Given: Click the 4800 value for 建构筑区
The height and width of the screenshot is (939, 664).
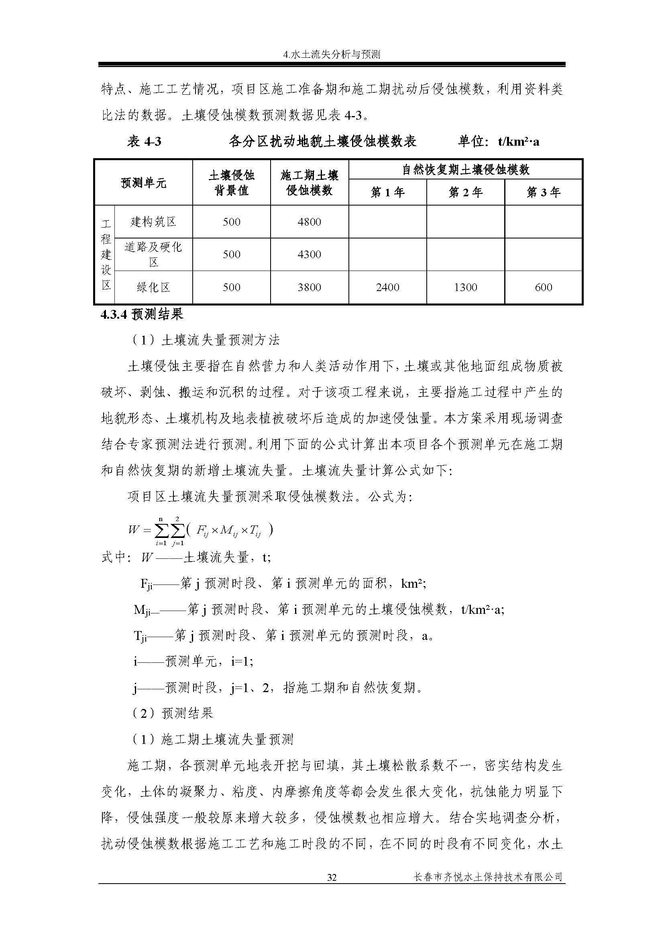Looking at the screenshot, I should tap(309, 222).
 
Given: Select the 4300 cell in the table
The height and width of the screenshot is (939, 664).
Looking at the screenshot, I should tap(309, 255).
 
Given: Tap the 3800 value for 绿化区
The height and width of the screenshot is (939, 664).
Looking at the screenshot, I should tap(309, 287).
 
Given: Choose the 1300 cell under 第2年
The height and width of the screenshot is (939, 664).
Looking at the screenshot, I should tap(465, 287).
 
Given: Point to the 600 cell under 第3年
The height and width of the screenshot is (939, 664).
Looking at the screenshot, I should tap(544, 287).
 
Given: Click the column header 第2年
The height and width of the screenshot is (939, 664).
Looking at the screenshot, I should tap(465, 192).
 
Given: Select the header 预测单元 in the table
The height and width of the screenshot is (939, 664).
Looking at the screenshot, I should tap(143, 183).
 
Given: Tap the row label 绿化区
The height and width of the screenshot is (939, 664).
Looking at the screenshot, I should tap(153, 287).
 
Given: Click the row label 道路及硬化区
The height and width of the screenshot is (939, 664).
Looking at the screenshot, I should tap(153, 255).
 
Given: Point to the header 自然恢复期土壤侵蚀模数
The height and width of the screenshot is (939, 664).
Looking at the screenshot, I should tap(465, 169).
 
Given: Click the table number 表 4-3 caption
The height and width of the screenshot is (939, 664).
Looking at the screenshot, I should tap(144, 141).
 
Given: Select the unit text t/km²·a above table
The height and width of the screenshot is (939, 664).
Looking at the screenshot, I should tap(518, 141).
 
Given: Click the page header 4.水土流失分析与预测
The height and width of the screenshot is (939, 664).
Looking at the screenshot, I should tap(332, 54).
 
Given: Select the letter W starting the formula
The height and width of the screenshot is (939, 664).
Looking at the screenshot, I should tap(134, 530).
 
